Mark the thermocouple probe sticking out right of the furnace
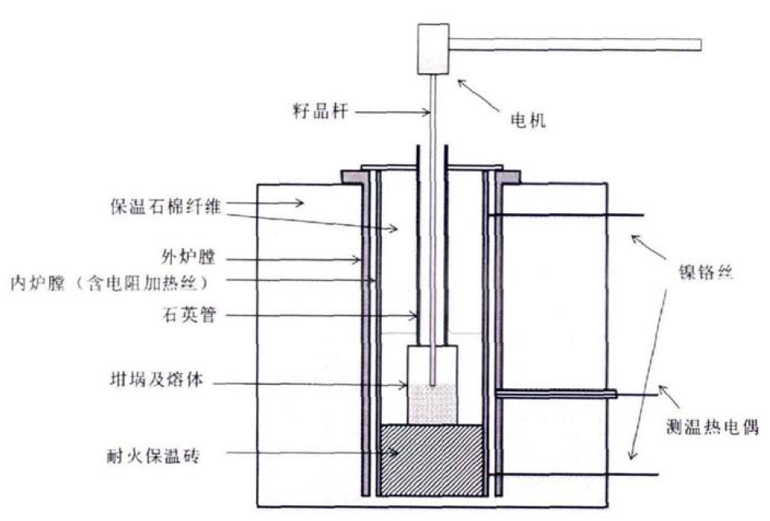point(557,394)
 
